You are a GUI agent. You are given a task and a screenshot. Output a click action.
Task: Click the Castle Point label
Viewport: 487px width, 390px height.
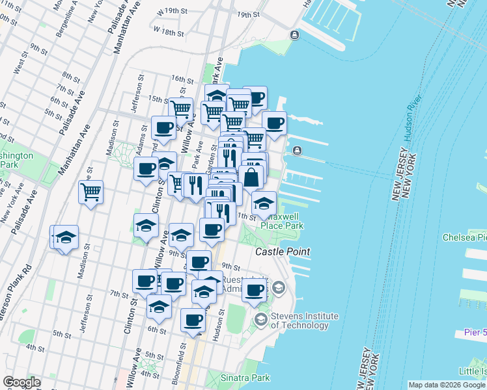point(282,252)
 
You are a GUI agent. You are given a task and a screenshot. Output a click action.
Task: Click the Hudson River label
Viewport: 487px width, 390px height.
point(412,117)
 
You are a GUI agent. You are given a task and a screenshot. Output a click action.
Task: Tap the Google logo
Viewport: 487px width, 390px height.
point(21,382)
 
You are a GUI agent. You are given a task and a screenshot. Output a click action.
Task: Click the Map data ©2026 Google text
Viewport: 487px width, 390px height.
point(447,385)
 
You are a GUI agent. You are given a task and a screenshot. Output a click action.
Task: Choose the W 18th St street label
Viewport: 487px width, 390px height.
point(168,31)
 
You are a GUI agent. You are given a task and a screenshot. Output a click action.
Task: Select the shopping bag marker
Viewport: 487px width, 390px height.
point(252,177)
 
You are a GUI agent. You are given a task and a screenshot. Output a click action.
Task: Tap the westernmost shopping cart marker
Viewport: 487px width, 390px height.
point(91,192)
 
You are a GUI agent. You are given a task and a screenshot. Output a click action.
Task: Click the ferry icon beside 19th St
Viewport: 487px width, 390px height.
point(295,34)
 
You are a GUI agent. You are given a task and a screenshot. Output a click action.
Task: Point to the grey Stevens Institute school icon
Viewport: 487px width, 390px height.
point(261,319)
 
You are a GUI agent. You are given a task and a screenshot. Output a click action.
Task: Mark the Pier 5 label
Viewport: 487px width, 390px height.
point(474,332)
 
